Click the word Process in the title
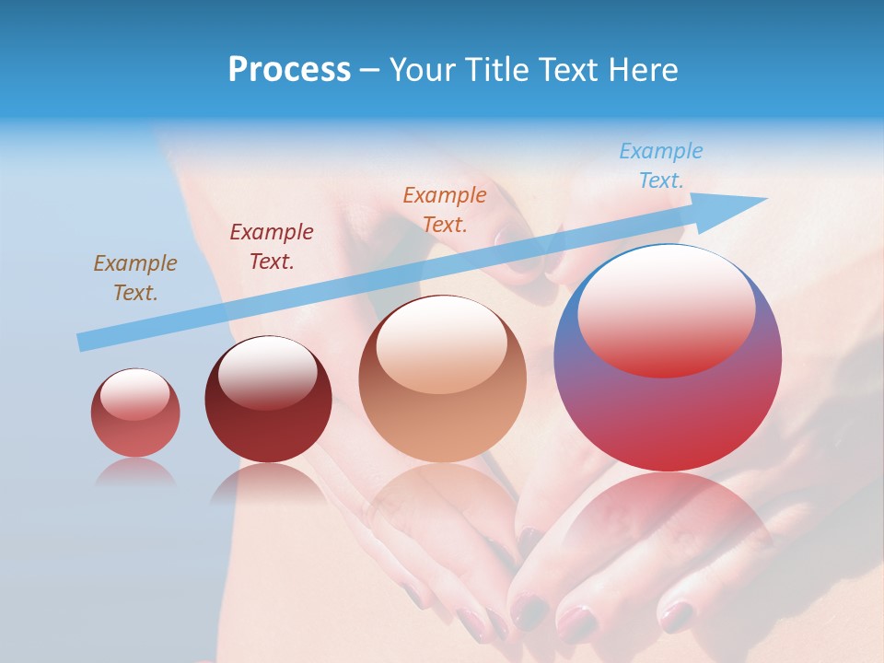[x=289, y=70]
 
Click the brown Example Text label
[x=134, y=278]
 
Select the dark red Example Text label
[x=271, y=247]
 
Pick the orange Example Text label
[x=445, y=210]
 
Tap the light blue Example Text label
[x=660, y=166]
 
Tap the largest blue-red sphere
[x=668, y=414]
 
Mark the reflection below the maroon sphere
[x=268, y=483]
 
